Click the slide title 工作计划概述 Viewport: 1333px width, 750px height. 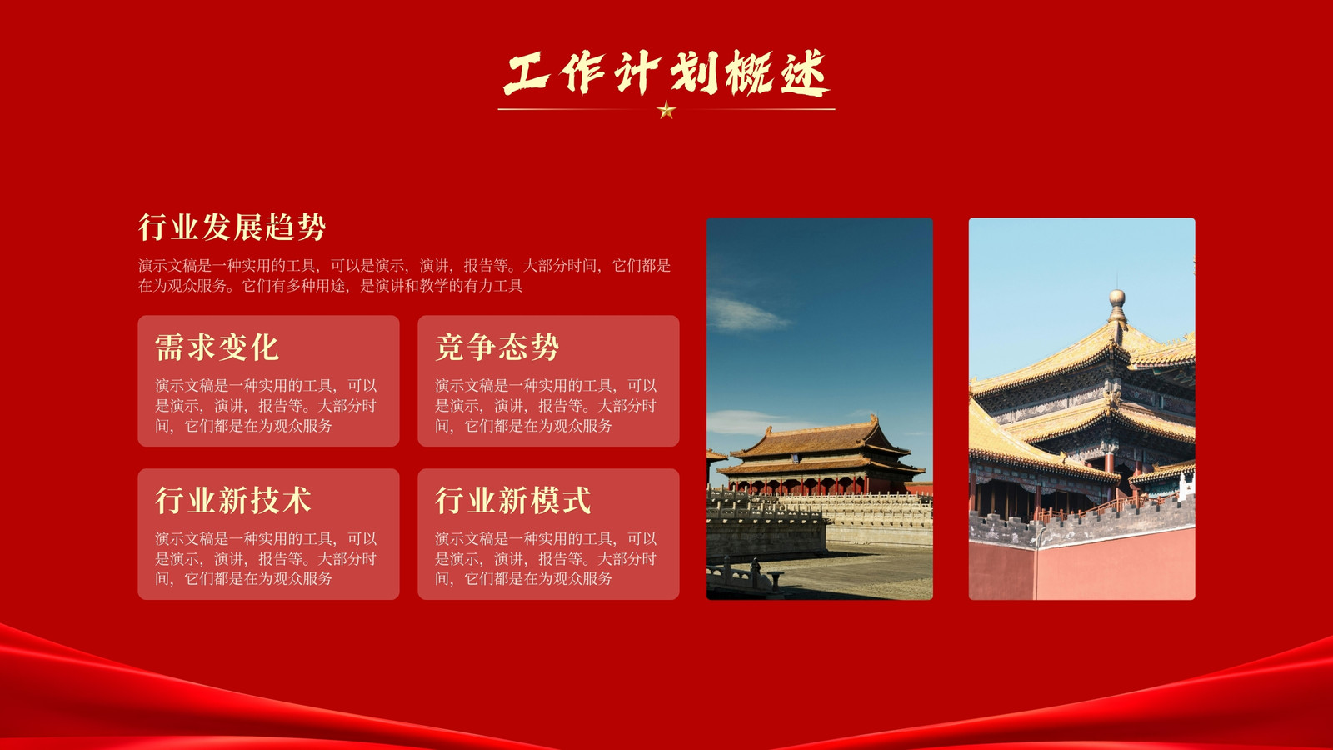pos(666,72)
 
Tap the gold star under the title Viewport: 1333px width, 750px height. pos(666,110)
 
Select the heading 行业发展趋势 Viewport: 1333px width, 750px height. pos(232,227)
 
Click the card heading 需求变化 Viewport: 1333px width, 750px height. pos(217,347)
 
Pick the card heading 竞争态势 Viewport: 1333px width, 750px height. pos(497,347)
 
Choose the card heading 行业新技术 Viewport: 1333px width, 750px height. pos(232,500)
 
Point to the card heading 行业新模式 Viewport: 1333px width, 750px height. pos(513,500)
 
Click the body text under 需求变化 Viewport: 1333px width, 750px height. pos(266,405)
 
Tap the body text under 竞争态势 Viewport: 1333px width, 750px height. pos(546,405)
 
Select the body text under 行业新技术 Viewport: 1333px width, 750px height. pos(266,558)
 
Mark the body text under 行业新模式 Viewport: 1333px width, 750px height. pos(546,558)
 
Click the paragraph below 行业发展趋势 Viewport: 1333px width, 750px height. pos(405,276)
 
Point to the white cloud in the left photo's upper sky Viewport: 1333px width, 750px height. pos(746,313)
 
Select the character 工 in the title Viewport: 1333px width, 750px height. pos(526,74)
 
